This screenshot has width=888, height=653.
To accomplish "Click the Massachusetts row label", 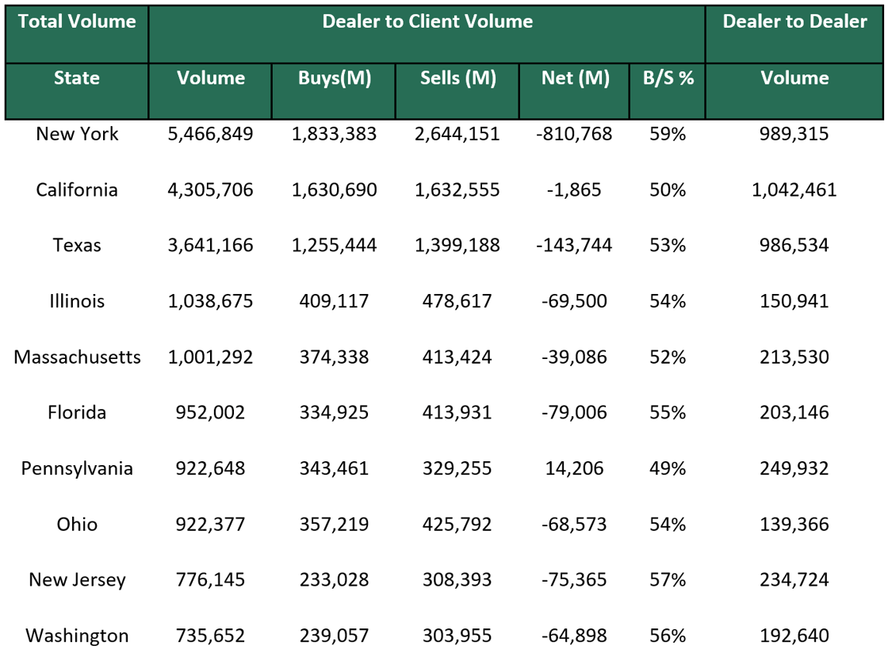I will click(77, 357).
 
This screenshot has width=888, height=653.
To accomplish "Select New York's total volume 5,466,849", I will click(210, 134).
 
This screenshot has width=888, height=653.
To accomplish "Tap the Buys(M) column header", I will click(334, 78).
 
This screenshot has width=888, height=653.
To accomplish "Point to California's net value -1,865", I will click(574, 190).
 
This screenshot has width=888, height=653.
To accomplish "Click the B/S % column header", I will click(668, 78).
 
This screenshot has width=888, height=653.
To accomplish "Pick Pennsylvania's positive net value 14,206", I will click(574, 468).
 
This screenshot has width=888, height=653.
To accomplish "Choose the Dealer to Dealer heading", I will click(794, 22).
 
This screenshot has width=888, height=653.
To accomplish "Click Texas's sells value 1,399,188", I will click(457, 246).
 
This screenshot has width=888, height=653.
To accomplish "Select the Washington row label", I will click(77, 636).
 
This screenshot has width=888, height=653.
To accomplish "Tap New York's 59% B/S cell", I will click(668, 134).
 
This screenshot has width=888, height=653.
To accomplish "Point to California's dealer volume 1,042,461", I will click(794, 190).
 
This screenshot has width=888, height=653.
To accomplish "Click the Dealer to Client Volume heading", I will click(427, 22).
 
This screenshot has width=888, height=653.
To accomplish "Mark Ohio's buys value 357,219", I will click(334, 525).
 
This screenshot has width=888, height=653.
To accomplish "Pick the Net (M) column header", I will click(575, 78).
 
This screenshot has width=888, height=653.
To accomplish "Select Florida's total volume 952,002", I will click(210, 413).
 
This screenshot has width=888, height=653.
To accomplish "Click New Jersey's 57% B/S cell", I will click(668, 580).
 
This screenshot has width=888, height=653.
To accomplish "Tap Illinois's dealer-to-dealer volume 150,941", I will click(794, 301).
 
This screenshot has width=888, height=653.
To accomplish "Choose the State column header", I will click(77, 78).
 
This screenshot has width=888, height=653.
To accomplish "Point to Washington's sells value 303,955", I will click(457, 636).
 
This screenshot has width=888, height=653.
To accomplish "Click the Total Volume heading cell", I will click(77, 22).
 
